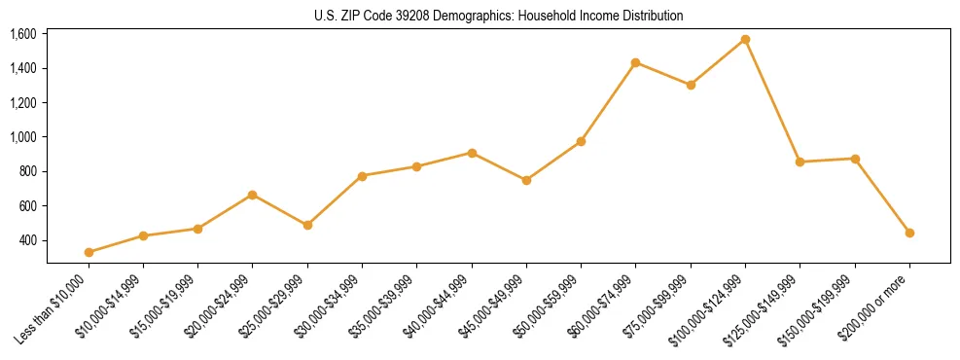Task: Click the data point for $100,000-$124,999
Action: (x=745, y=40)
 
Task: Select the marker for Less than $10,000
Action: (x=89, y=252)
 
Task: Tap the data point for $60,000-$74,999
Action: (x=635, y=62)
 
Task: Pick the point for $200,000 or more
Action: (x=909, y=233)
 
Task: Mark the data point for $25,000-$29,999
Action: (x=307, y=225)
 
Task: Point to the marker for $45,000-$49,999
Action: (x=526, y=180)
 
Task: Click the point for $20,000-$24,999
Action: (x=253, y=195)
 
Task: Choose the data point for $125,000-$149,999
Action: (x=800, y=162)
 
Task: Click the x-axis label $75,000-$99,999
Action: (x=660, y=305)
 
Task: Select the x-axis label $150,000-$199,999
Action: (x=822, y=306)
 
